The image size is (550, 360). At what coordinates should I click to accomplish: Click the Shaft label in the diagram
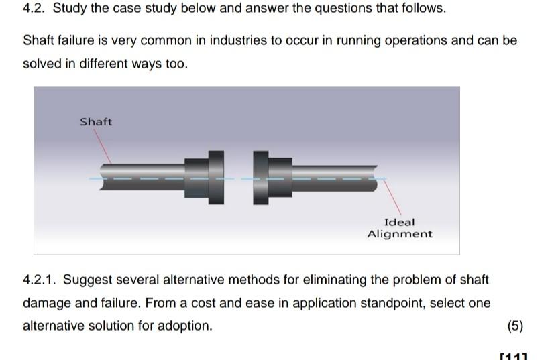pos(96,122)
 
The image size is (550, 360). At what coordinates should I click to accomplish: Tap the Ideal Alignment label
pos(400,228)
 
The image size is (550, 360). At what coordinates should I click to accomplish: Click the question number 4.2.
pos(34,9)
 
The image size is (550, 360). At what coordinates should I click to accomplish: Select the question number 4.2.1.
pos(40,279)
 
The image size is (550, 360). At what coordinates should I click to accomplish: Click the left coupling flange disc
pos(216,178)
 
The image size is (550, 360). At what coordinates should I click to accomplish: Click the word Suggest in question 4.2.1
pos(87,279)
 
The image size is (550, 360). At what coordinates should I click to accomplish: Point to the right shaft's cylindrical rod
pos(335,179)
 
